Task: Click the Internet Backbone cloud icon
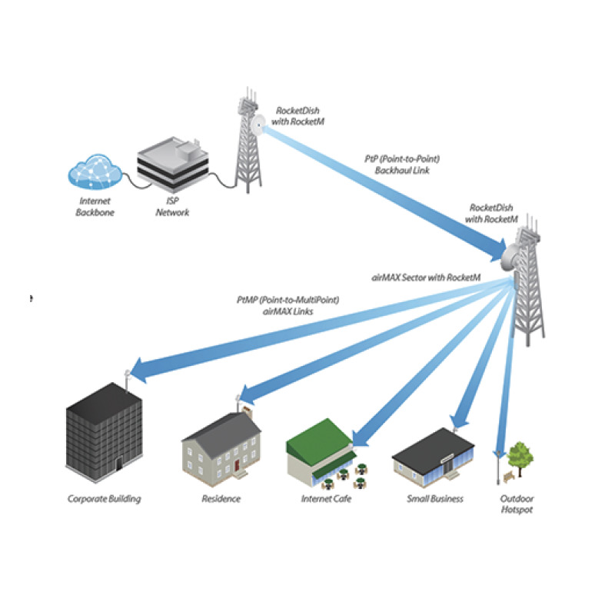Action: (95, 172)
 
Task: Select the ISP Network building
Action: (172, 164)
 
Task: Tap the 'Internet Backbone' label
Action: (95, 207)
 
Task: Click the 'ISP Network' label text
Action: (172, 207)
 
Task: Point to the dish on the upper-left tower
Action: (258, 125)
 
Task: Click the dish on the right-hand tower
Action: (510, 257)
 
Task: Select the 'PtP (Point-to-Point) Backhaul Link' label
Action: (402, 165)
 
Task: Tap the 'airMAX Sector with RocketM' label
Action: (426, 278)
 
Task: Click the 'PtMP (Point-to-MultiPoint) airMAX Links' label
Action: (288, 305)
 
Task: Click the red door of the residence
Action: (237, 466)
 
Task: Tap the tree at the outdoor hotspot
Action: (520, 457)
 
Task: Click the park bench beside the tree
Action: (509, 477)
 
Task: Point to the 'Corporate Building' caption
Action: (105, 499)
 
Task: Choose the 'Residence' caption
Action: (221, 499)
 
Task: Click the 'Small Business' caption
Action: (435, 499)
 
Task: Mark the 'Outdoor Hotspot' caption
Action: (517, 504)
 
